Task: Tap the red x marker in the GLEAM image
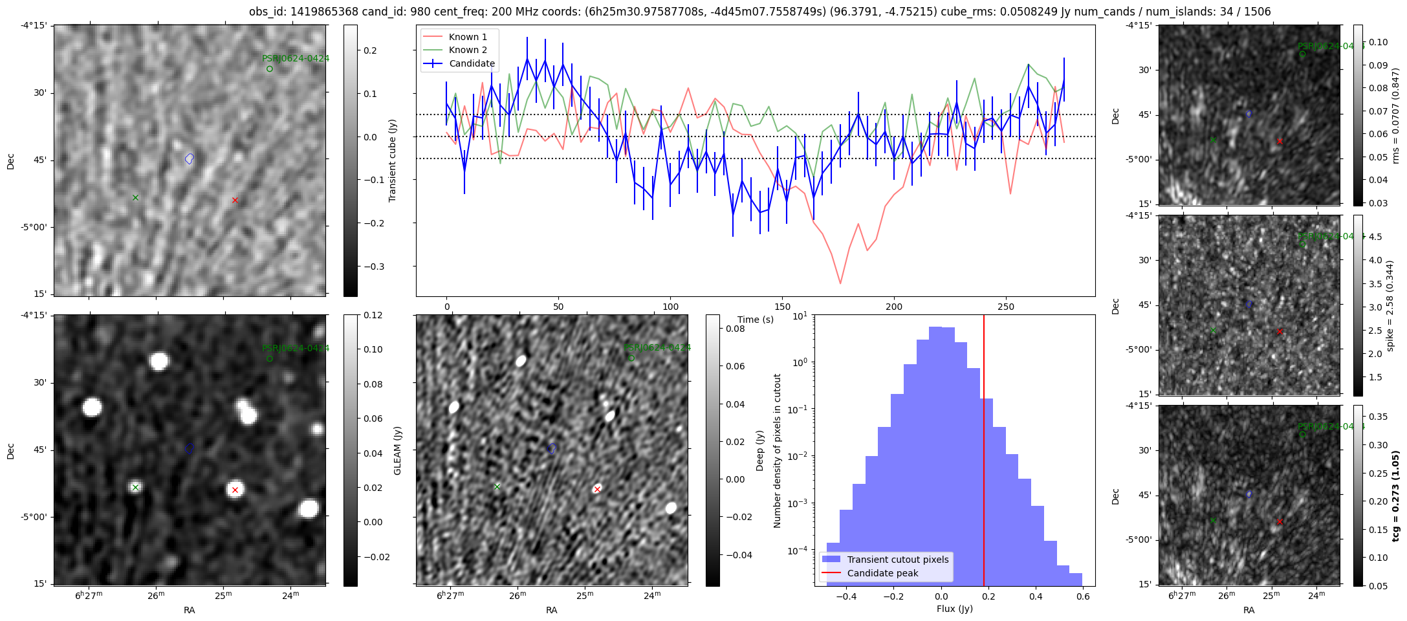[235, 490]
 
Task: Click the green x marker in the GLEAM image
[135, 487]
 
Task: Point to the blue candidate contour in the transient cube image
[190, 158]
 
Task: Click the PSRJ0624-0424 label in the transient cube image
[296, 58]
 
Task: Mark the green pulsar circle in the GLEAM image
[270, 359]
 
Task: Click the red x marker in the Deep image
[597, 489]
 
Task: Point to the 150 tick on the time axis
[782, 307]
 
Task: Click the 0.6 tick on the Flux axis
[1083, 596]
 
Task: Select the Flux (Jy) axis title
[954, 609]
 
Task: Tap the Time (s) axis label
[755, 320]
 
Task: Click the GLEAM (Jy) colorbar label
[397, 450]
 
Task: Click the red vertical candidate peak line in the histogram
[984, 453]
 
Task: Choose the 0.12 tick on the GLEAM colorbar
[373, 315]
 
